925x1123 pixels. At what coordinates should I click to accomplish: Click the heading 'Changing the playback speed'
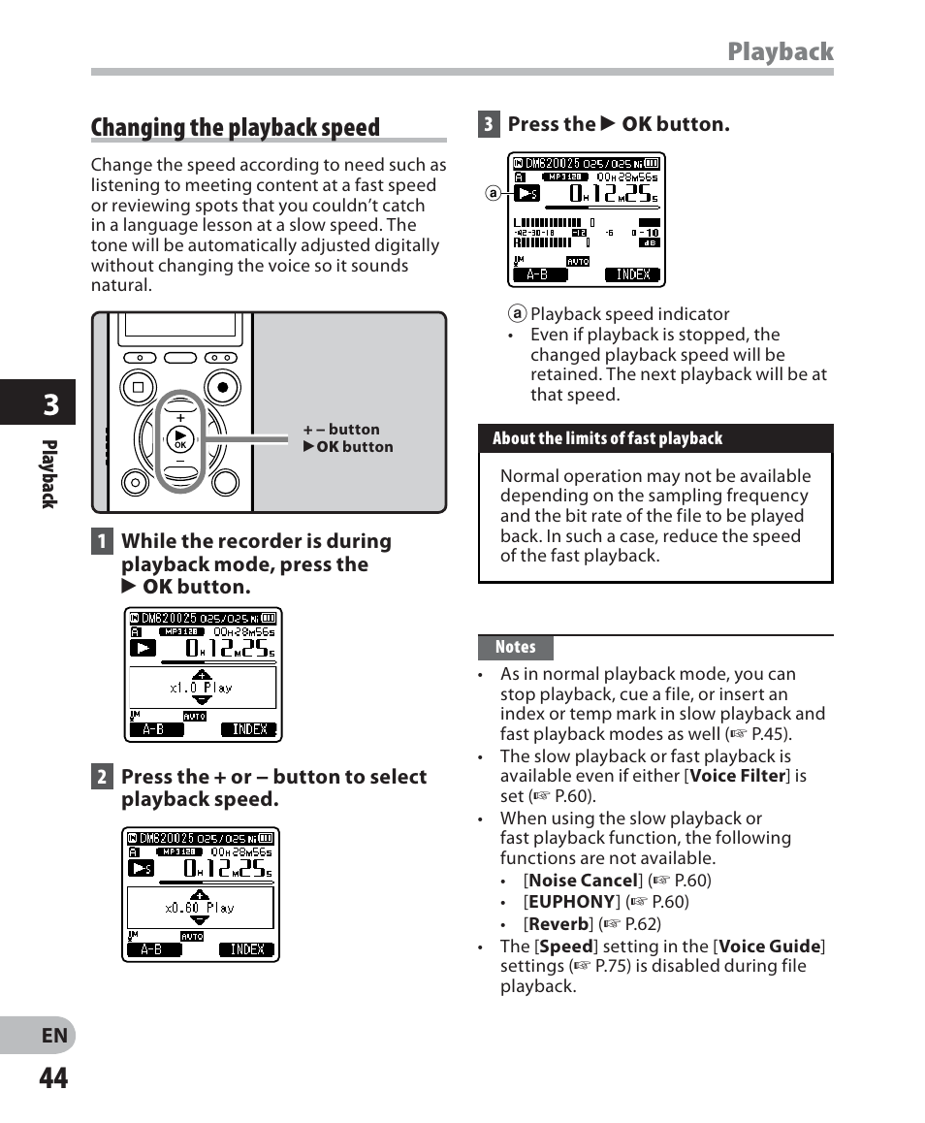coord(236,128)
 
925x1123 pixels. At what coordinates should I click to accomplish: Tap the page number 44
coord(54,1077)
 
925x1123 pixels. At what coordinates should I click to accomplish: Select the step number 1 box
coord(102,541)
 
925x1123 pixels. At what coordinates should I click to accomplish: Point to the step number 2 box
coord(102,777)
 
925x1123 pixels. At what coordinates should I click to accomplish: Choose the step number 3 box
coord(489,124)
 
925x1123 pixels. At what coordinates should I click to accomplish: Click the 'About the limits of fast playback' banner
coord(607,438)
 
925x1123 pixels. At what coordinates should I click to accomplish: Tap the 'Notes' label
coord(515,647)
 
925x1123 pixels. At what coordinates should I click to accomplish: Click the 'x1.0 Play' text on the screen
coord(202,688)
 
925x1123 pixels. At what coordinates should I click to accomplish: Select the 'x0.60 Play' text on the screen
coord(200,908)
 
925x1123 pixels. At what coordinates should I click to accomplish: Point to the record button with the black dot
coord(223,387)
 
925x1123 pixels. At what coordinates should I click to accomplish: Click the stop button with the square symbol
coord(138,387)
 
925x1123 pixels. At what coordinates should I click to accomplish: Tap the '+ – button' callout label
coord(341,430)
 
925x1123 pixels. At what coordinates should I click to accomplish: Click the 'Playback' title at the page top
coord(780,51)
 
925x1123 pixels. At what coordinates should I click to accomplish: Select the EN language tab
coord(54,1035)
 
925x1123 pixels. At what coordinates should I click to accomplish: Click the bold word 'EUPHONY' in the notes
coord(572,902)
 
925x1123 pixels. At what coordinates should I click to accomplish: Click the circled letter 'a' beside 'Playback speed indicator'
coord(518,314)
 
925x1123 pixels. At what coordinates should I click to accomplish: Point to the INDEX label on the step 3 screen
coord(633,274)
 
